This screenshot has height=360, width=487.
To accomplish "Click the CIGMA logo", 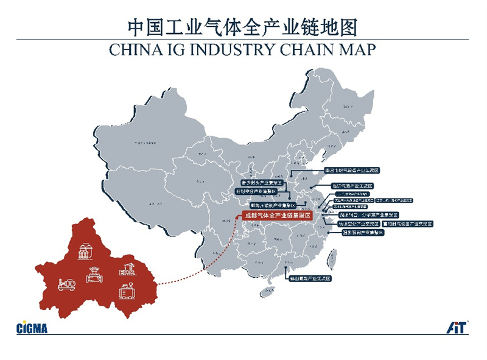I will click(x=32, y=328).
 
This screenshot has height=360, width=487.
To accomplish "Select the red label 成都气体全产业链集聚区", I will click(x=277, y=216).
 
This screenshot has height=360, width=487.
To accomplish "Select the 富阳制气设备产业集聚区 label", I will click(x=407, y=224).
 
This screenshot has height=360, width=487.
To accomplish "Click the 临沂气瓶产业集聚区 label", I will click(x=351, y=185).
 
